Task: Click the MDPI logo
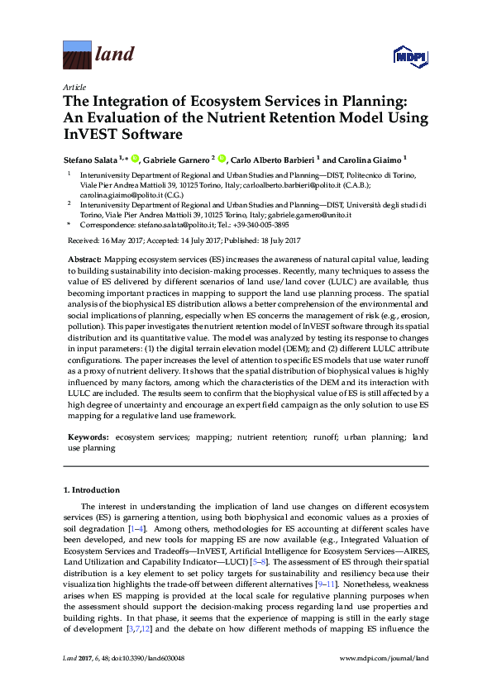click(x=412, y=56)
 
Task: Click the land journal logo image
click(x=78, y=55)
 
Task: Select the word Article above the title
click(x=74, y=87)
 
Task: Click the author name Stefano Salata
click(x=91, y=159)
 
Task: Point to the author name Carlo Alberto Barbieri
click(x=271, y=159)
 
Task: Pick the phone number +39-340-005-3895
click(x=260, y=224)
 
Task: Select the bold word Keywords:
click(x=88, y=436)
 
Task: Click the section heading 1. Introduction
click(x=92, y=489)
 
